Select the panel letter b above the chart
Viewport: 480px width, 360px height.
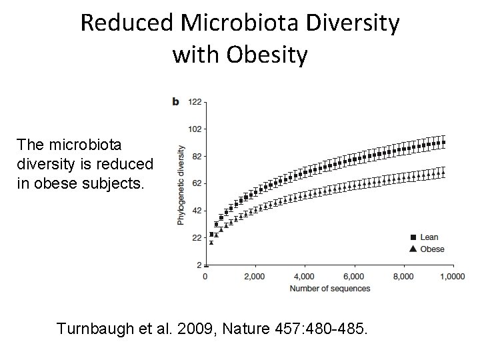coord(175,101)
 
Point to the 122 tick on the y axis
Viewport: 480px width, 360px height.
coord(196,102)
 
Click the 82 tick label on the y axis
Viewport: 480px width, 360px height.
coord(198,156)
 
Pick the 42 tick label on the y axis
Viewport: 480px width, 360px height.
coord(198,211)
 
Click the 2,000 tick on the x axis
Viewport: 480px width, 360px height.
coord(255,276)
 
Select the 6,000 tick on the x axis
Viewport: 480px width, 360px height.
coord(354,276)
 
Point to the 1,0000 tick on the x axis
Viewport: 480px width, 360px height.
coord(453,276)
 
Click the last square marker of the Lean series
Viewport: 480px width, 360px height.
coord(444,142)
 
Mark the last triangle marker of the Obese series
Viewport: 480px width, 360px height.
coord(444,173)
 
